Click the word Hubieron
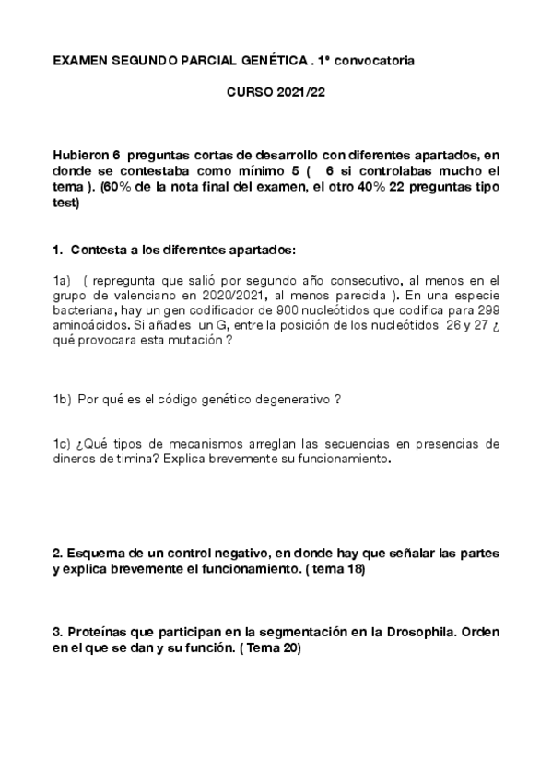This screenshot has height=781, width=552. click(80, 157)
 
